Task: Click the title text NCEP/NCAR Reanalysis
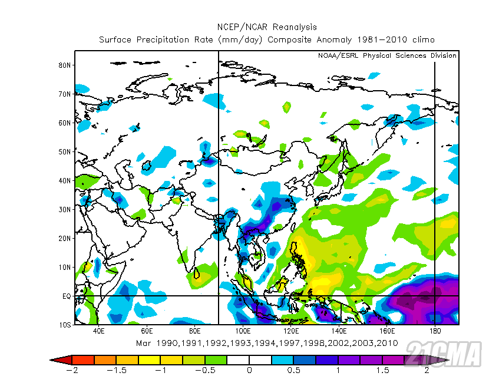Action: pos(266,27)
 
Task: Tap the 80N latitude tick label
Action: pos(65,65)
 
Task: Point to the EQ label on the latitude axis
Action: pos(67,296)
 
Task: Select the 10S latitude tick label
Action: pos(65,325)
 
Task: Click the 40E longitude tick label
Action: pos(98,332)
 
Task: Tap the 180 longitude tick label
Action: pos(435,332)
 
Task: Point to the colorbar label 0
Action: pos(249,370)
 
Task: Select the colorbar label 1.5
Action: pos(382,370)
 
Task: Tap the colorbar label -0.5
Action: pos(204,370)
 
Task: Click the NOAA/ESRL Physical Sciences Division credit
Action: pos(387,56)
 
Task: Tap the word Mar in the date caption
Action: pos(143,343)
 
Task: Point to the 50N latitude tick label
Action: pos(65,152)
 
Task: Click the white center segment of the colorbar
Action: pos(249,359)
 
